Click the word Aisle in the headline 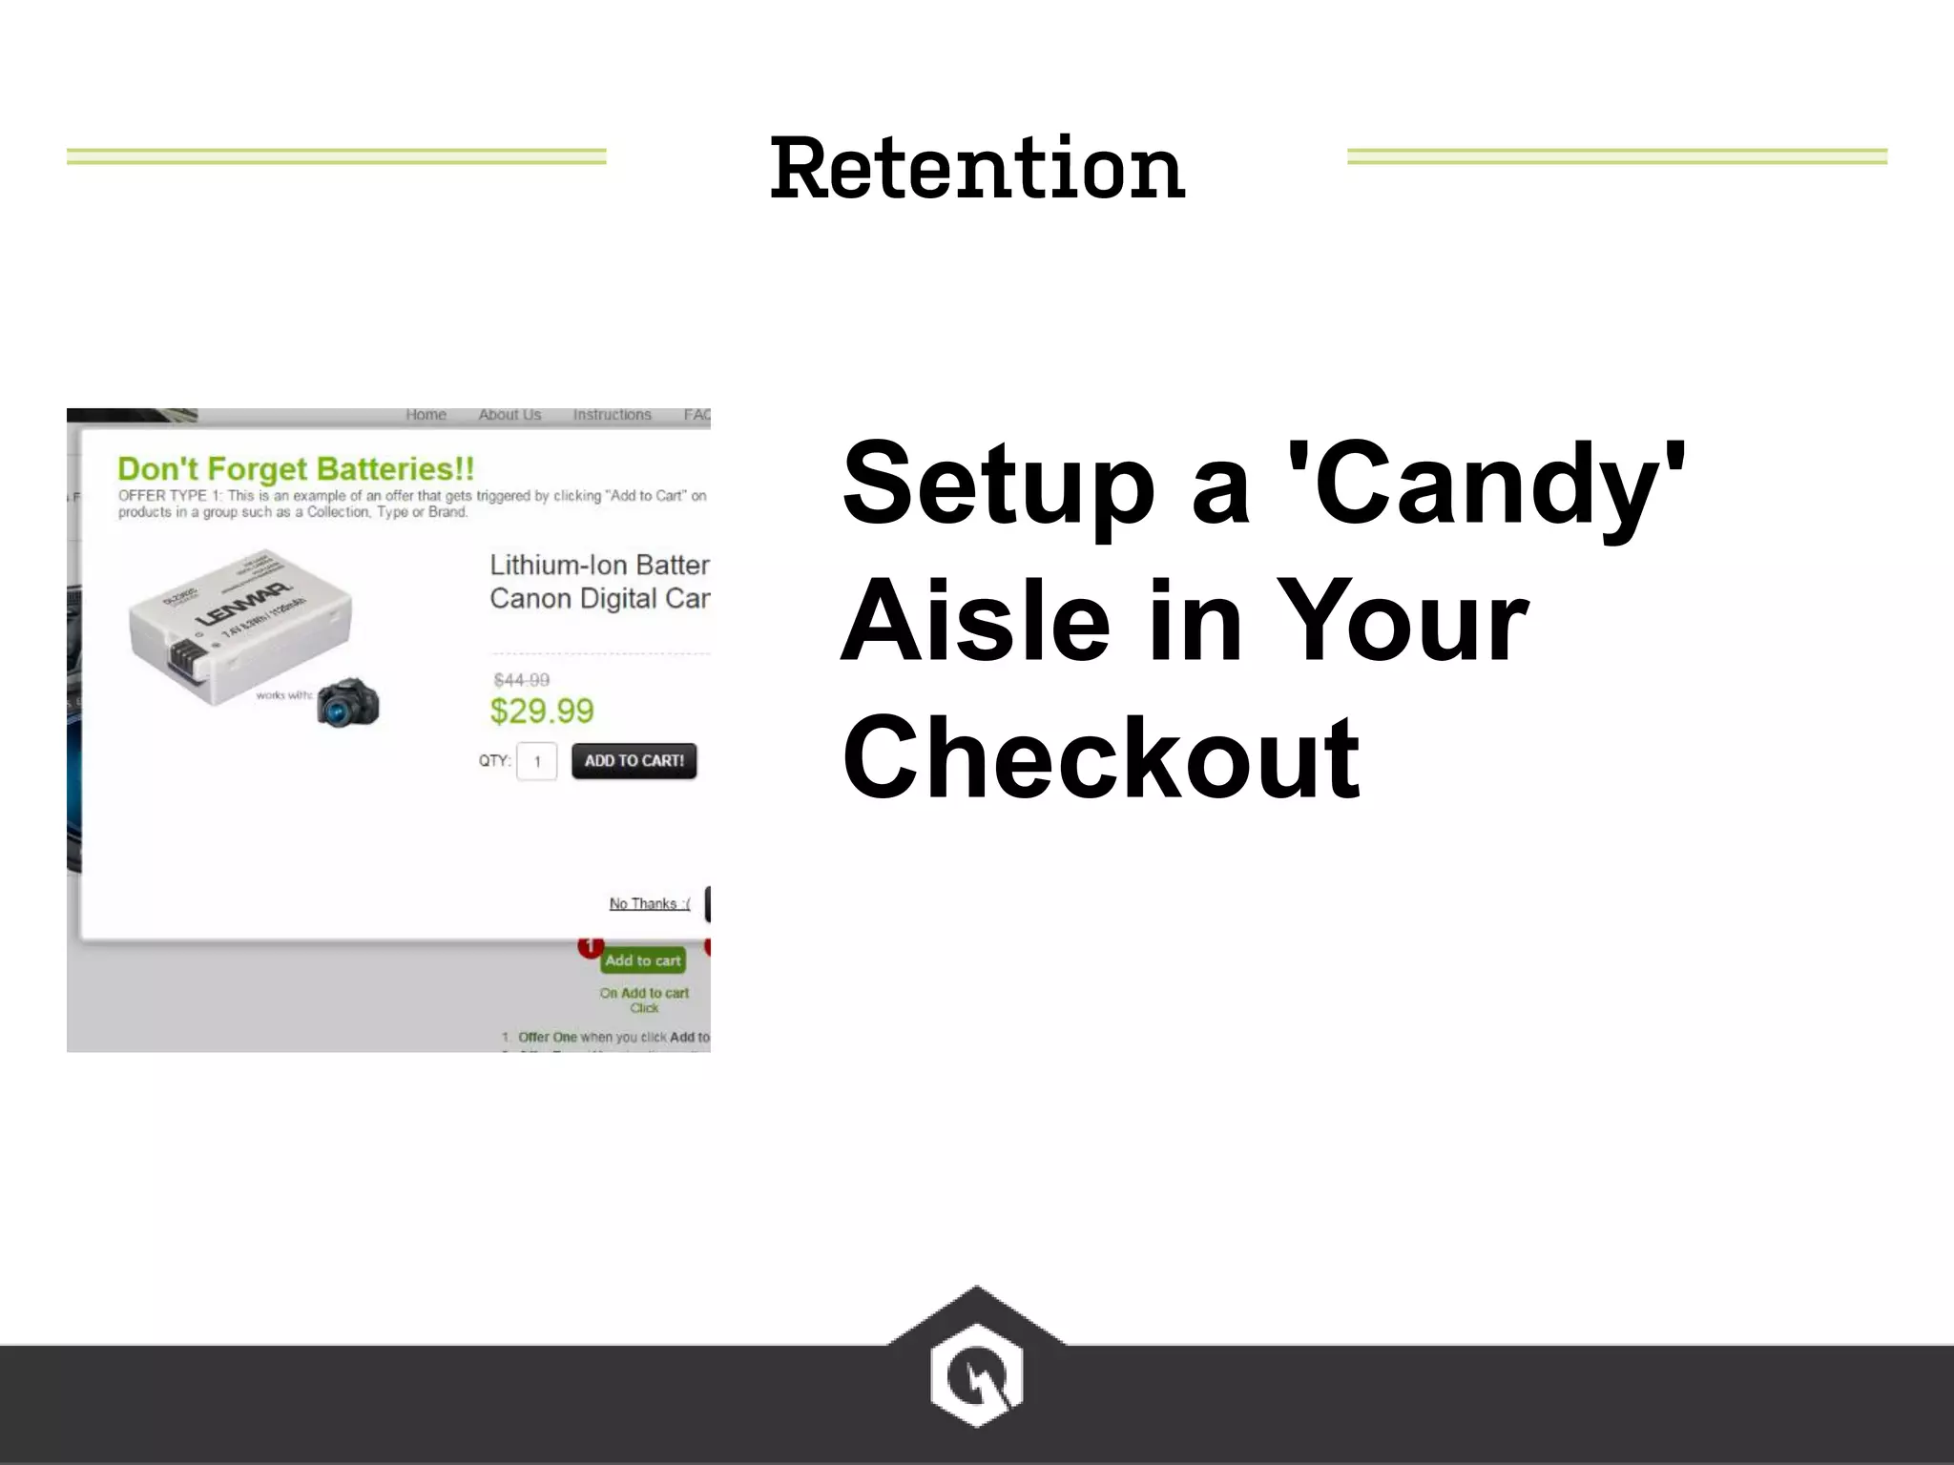point(975,622)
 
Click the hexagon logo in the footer point(976,1373)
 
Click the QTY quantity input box point(537,761)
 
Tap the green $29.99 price point(542,711)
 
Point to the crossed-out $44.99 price point(522,680)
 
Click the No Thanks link point(649,903)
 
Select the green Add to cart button point(643,960)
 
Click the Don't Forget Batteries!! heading point(296,468)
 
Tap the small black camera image point(347,703)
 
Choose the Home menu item point(426,415)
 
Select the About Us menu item point(509,415)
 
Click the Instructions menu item point(612,415)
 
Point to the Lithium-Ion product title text point(599,581)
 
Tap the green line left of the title point(336,156)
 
